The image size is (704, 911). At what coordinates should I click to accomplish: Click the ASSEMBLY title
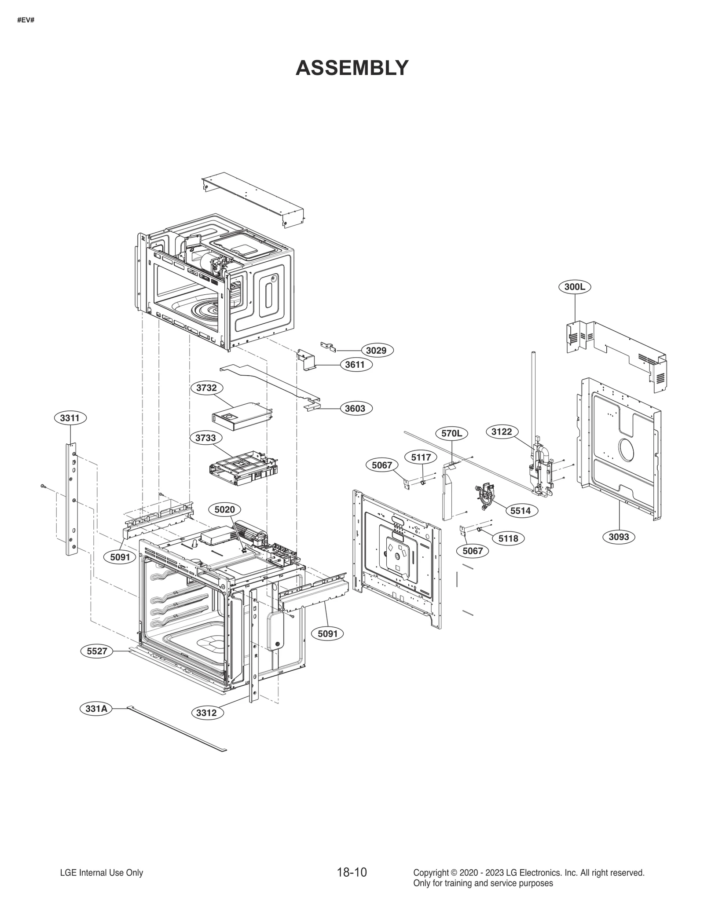tap(352, 68)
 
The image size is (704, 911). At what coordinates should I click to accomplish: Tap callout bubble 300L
tap(575, 287)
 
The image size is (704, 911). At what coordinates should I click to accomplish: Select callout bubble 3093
tap(619, 537)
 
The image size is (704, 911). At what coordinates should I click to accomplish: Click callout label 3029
tap(377, 350)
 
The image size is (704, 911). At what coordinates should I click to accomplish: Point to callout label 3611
tap(355, 365)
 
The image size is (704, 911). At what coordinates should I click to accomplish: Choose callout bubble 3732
tap(206, 388)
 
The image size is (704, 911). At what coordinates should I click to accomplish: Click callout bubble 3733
tap(206, 438)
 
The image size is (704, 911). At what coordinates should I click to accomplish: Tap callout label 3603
tap(355, 408)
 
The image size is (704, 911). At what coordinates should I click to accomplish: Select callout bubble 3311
tap(70, 417)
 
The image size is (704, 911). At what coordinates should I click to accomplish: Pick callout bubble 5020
tap(224, 509)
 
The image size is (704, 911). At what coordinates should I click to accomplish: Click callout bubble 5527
tap(97, 651)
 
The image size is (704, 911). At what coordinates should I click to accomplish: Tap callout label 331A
tap(96, 709)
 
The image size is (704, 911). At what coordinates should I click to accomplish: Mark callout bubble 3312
tap(206, 713)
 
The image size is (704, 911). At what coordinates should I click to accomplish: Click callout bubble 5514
tap(521, 511)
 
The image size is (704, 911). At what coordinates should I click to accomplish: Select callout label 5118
tap(508, 538)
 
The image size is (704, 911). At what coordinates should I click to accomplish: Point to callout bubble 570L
tap(452, 433)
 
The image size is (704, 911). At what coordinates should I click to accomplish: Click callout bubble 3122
tap(502, 432)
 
